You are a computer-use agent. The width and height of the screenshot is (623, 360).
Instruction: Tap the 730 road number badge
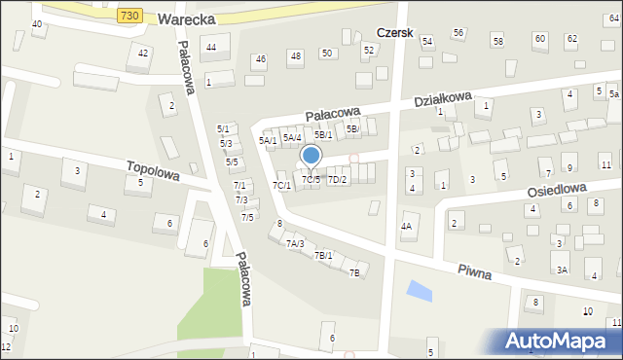pos(129,17)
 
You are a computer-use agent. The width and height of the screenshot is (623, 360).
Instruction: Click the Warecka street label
pos(185,17)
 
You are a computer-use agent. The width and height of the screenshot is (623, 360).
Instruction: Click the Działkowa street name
pos(442,100)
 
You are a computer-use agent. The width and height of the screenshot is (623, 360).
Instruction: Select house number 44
pos(211,48)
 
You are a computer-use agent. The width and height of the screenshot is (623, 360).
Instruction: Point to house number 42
pos(144,53)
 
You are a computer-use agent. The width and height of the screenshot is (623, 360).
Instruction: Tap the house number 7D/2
pos(337,180)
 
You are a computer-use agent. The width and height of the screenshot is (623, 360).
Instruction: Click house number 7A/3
pos(295,243)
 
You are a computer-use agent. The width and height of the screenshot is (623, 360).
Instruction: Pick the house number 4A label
pos(406,227)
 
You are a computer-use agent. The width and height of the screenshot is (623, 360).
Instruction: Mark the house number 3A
pos(562,270)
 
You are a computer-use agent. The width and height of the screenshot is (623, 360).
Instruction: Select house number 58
pos(497,41)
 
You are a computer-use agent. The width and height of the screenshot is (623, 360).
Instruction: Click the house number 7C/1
pos(281,185)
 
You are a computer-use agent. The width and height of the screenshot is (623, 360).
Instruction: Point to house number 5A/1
pos(268,140)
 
